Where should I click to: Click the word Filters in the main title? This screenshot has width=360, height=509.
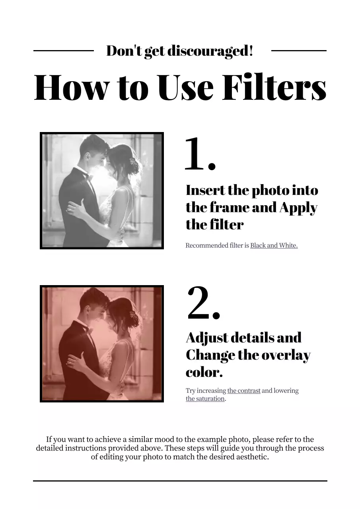point(274,87)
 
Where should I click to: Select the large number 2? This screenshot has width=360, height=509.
point(204,303)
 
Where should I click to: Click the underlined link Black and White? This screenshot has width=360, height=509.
point(274,245)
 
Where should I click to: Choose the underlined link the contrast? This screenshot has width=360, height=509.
point(243,390)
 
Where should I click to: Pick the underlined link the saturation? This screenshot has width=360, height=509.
point(205,398)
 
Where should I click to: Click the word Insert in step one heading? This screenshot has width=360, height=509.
point(205,190)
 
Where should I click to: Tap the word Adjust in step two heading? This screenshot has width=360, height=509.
point(207,338)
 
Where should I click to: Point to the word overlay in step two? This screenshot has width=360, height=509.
point(286,355)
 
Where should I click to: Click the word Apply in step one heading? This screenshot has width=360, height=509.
point(298,208)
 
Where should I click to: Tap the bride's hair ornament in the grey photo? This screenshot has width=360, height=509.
point(132,162)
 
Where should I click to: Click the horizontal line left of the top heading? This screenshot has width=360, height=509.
point(64,51)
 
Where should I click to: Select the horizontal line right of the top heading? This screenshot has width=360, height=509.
point(299,51)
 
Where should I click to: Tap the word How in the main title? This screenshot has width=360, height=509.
point(70,87)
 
